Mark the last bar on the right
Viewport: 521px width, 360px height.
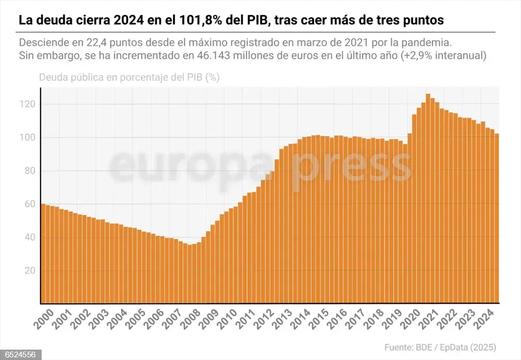[497, 219]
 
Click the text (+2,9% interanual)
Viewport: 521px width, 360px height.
[443, 56]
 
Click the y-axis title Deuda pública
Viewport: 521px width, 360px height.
[70, 78]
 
